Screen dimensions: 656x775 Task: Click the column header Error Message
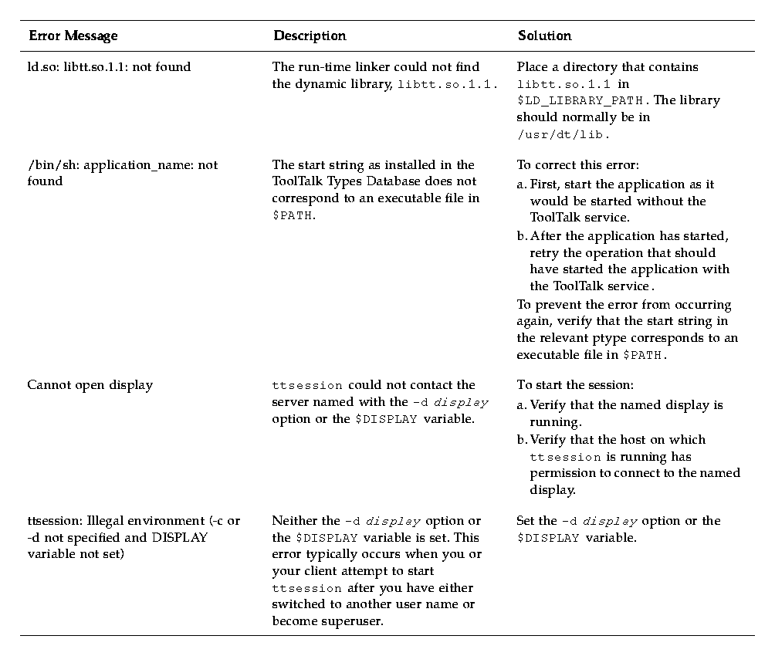73,36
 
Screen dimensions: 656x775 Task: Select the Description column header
310,36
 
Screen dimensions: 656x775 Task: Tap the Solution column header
545,36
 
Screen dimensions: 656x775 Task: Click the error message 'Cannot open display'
90,385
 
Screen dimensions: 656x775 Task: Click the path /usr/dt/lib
563,134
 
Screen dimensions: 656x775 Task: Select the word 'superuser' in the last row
360,620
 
